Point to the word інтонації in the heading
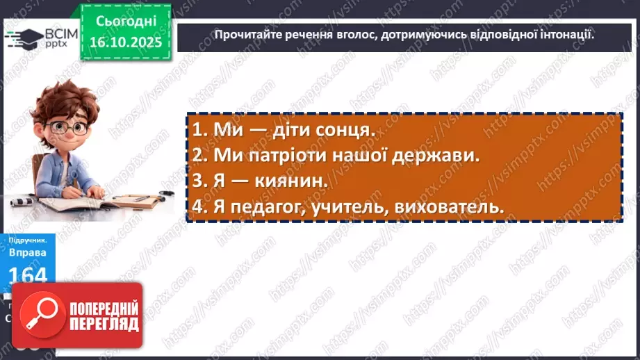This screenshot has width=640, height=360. (566, 35)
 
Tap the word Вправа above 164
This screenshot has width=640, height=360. (28, 254)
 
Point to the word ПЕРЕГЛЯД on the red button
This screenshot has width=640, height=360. (104, 323)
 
